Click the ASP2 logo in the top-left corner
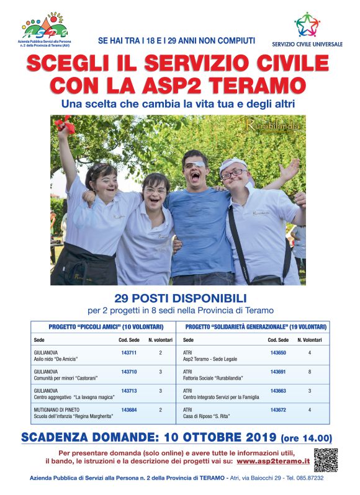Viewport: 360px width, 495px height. [x=44, y=27]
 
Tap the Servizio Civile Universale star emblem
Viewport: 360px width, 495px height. [x=307, y=25]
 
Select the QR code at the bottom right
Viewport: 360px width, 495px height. [x=325, y=459]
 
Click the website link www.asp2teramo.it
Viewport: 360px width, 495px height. [x=273, y=462]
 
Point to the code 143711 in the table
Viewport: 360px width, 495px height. [x=128, y=352]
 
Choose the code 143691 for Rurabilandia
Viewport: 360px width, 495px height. [x=278, y=372]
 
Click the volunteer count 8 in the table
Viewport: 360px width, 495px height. [x=310, y=372]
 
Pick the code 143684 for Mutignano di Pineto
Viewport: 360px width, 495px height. [x=128, y=410]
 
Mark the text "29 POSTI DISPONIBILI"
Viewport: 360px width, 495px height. [x=180, y=297]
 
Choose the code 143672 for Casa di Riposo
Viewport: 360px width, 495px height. [x=278, y=410]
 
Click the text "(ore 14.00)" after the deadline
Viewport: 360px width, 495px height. [x=307, y=437]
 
